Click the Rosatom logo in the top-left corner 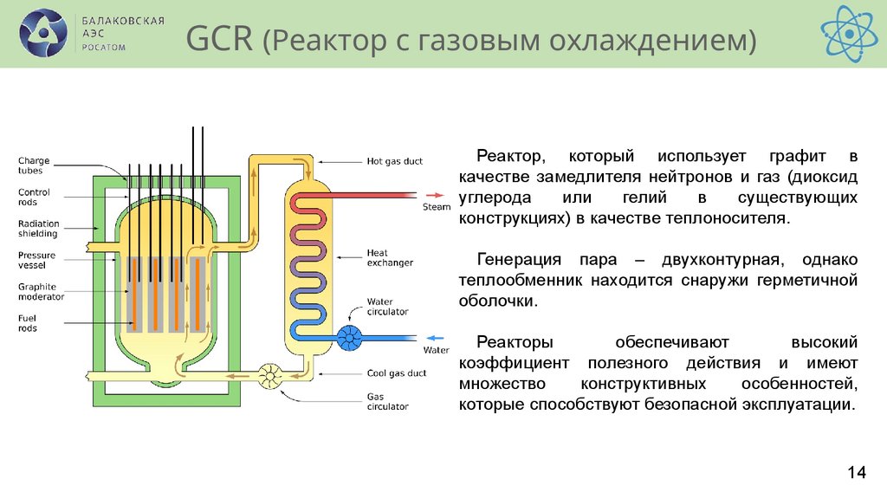coord(43,33)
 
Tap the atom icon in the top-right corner coord(849,33)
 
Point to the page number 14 coord(856,472)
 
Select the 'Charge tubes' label coord(34,165)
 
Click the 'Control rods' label coord(34,198)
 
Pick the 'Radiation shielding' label coord(38,229)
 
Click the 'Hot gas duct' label coord(394,161)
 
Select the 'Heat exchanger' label coord(390,257)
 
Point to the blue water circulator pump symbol coord(351,337)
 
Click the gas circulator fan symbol coord(271,375)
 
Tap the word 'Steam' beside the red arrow coord(437,207)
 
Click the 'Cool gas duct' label coord(396,373)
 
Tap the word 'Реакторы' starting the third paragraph coord(514,342)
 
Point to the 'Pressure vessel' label coord(36,260)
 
